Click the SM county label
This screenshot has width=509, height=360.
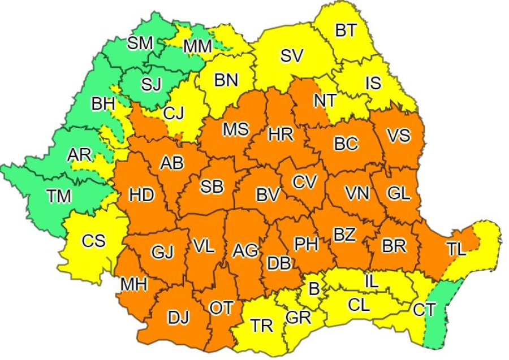tap(140, 43)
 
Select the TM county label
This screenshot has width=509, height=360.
tap(59, 196)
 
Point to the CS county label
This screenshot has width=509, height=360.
tap(93, 241)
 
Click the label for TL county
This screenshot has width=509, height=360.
tap(457, 249)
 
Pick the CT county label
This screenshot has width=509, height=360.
tap(425, 309)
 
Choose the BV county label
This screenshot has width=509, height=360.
tap(268, 195)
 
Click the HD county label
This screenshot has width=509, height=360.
tap(141, 196)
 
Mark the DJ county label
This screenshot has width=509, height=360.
tap(179, 318)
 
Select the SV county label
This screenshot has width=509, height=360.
tap(292, 56)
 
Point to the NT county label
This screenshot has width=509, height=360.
tap(326, 101)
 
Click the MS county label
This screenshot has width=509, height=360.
tap(235, 129)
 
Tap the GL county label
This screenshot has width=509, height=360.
tap(399, 193)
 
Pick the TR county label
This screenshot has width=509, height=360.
tap(262, 326)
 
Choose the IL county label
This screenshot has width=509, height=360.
tap(372, 280)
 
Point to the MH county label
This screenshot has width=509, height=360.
tap(134, 284)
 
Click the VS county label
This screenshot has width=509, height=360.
tap(399, 136)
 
